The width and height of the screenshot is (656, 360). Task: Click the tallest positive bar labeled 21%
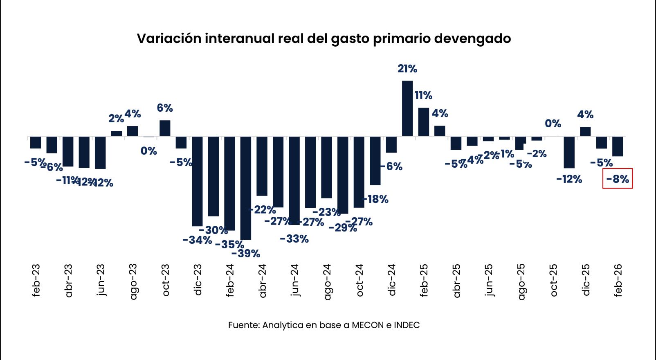[407, 108]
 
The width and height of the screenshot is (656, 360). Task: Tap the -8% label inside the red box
[618, 179]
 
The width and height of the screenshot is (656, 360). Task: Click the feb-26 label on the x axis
[618, 280]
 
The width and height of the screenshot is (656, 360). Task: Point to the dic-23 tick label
[198, 280]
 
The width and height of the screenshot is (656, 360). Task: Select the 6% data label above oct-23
[165, 108]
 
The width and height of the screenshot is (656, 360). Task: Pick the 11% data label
[423, 95]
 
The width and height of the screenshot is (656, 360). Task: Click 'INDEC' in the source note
[407, 325]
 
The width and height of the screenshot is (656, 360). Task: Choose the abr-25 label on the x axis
[456, 280]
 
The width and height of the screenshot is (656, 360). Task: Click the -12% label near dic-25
[569, 179]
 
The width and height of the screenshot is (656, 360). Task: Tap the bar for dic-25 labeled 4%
[585, 131]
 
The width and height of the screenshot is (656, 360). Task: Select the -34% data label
[197, 240]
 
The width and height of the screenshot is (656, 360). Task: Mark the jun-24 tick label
[294, 280]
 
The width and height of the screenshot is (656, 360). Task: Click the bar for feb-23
[36, 142]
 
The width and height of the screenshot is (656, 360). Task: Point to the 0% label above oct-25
[553, 124]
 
